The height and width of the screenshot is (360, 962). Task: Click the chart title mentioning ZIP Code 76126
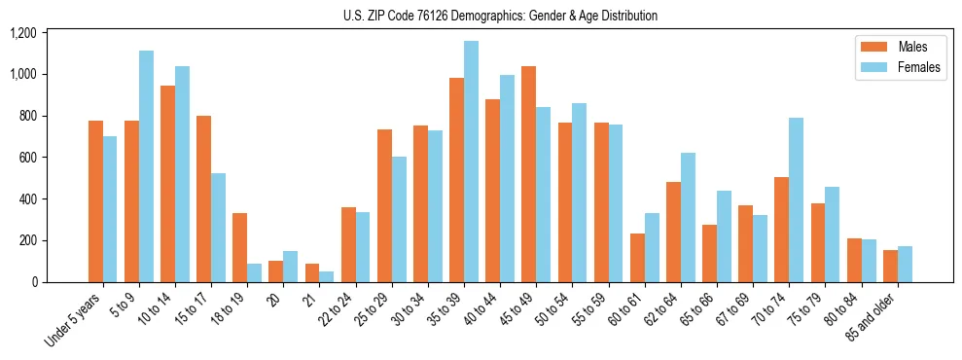[500, 16]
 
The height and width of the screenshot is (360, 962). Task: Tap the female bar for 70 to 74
[796, 199]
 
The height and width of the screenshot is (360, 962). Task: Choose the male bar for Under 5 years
[95, 201]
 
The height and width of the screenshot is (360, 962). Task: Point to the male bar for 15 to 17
[203, 198]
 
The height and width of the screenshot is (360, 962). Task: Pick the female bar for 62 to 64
[688, 217]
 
